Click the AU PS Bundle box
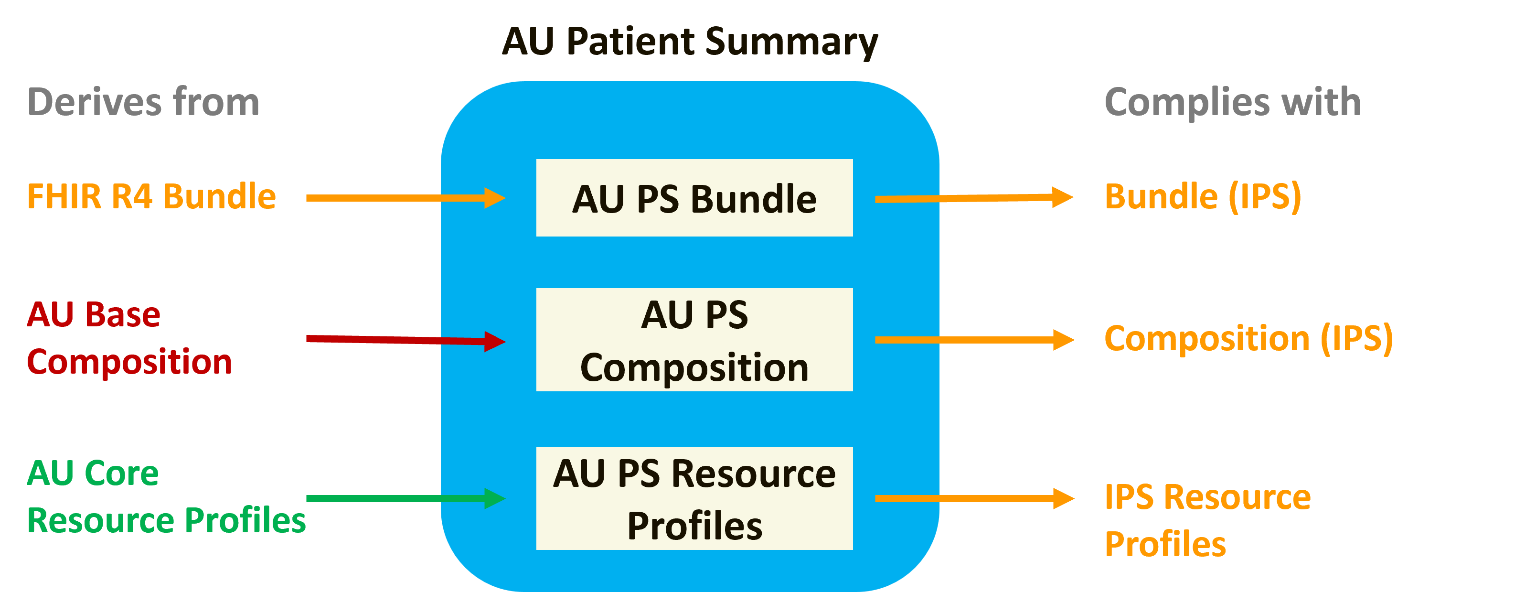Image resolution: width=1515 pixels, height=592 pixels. point(694,198)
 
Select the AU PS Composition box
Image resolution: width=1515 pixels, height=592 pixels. point(694,340)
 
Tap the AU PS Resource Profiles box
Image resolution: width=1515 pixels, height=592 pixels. point(694,498)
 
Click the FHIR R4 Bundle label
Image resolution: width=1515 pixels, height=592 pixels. point(151,196)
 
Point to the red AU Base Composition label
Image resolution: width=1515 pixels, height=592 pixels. point(129,338)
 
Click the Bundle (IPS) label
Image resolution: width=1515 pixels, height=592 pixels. point(1203,196)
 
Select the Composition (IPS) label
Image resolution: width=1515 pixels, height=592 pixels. point(1248,339)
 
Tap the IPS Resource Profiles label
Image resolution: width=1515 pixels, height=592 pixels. point(1207,520)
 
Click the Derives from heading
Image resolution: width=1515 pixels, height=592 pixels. point(143,102)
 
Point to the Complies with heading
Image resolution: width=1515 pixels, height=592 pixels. point(1233,102)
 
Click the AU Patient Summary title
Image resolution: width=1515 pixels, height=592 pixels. point(689,42)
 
